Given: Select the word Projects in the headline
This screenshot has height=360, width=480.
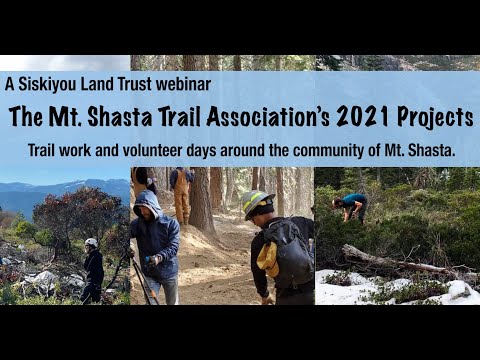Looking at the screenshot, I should pos(433,118).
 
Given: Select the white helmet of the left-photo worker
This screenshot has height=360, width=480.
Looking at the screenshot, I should pos(91,242).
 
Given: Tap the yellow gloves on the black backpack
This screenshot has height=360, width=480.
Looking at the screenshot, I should pos(267,259).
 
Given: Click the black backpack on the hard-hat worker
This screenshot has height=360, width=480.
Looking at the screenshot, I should pos(291,256).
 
